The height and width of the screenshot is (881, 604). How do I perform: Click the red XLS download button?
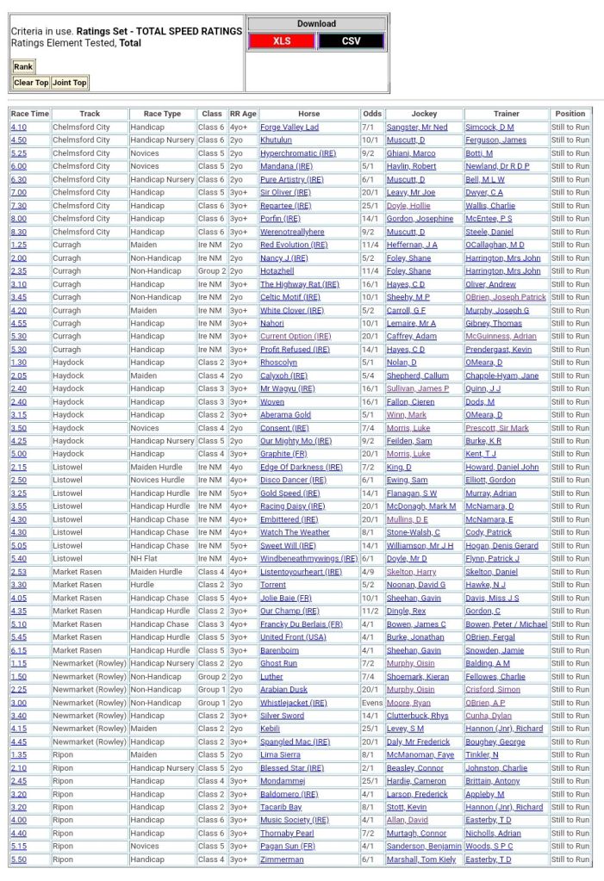point(281,40)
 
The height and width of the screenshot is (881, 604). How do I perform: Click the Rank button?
point(23,67)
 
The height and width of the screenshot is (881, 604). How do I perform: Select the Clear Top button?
point(30,83)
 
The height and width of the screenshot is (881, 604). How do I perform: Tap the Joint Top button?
point(69,83)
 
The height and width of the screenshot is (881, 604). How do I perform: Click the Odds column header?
point(372,114)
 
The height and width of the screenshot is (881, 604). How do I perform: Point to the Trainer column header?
point(506,114)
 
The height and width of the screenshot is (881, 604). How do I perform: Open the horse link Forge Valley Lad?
point(290,127)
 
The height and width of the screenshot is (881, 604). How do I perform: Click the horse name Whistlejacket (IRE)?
point(294,703)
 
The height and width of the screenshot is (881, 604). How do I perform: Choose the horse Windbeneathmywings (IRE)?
point(308,559)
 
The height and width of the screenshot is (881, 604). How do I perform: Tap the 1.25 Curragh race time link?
point(18,245)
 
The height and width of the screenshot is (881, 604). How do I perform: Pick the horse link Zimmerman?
point(282,859)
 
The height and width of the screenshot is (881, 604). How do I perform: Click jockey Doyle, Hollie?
point(408,206)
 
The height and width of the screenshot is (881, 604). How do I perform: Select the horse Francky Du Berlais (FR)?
point(301,624)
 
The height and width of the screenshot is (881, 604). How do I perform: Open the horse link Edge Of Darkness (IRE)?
point(301,468)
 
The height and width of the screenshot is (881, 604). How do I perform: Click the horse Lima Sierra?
point(280,755)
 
